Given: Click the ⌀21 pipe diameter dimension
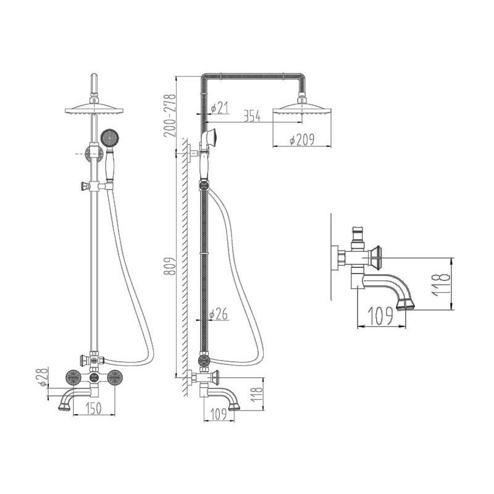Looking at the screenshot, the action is click(x=219, y=107).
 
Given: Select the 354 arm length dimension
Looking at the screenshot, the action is click(x=252, y=116).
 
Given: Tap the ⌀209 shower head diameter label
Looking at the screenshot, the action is click(x=301, y=140).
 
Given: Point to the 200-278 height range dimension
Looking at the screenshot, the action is click(x=169, y=115).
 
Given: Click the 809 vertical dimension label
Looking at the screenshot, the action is click(x=169, y=267).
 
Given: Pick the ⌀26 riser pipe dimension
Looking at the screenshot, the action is click(x=219, y=314).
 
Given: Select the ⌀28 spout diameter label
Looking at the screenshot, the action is click(x=43, y=377).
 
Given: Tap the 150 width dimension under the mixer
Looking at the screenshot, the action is click(x=94, y=408).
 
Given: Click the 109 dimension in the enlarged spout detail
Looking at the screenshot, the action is click(x=381, y=316).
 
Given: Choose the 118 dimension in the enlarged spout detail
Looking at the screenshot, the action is click(x=440, y=285).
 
